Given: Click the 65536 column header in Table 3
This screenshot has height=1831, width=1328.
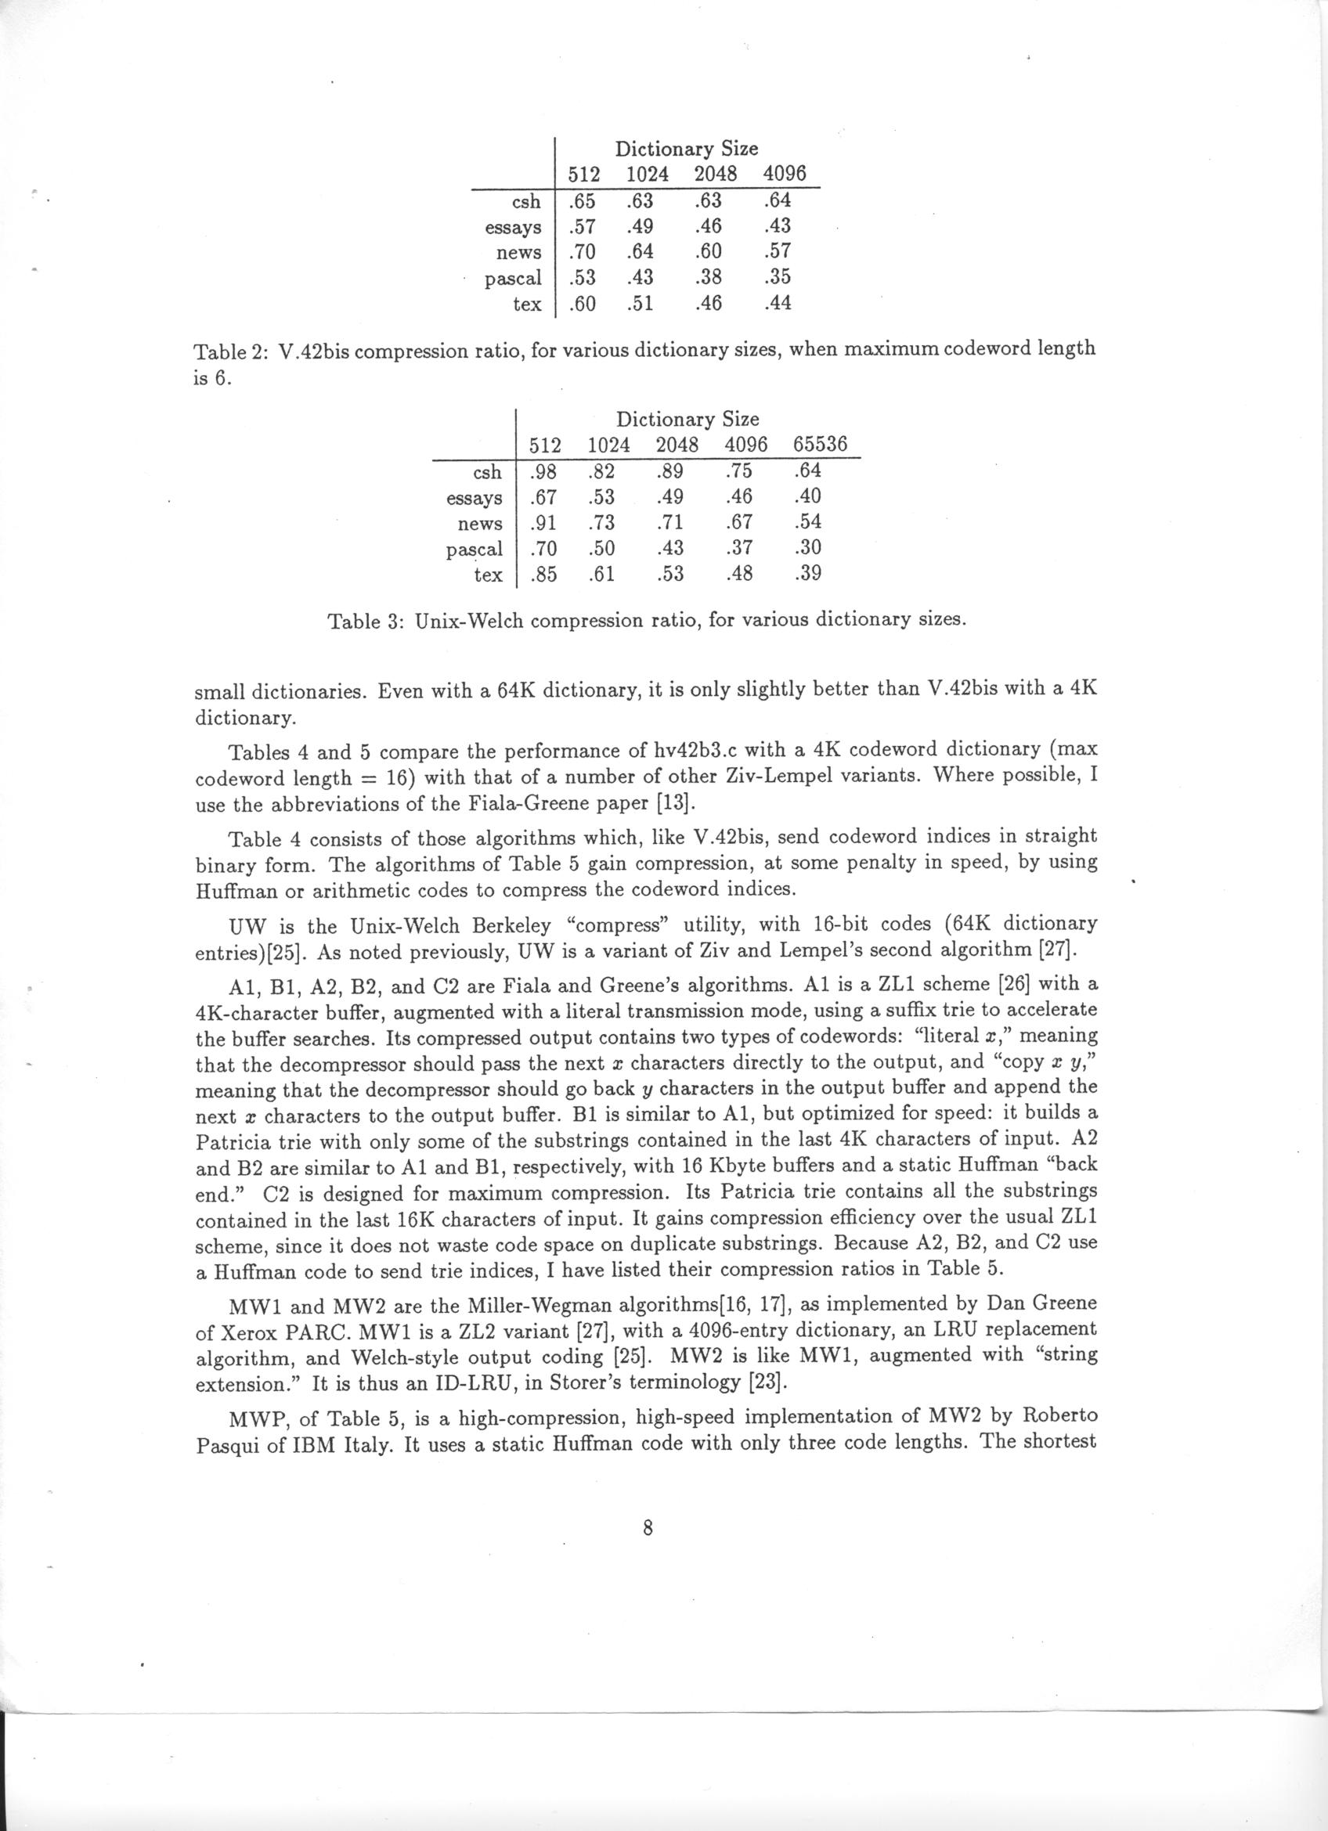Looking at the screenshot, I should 819,445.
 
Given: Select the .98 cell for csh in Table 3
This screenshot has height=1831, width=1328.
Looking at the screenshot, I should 546,470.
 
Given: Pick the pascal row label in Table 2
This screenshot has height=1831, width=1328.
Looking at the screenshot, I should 513,279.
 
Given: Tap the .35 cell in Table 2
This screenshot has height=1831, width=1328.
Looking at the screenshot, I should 777,277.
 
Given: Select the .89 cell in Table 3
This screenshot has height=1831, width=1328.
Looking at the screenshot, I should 670,470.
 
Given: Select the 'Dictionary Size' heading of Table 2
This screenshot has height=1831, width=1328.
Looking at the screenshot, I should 686,149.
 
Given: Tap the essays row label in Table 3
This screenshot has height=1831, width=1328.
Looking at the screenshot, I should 474,498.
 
